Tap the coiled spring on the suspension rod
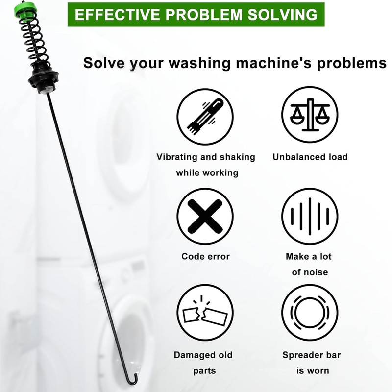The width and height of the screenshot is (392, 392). coord(34,40)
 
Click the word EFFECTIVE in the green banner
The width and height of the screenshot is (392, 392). coord(118,15)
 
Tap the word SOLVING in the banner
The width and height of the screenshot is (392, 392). coord(282,15)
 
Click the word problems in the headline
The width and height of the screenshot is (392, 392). coord(352,63)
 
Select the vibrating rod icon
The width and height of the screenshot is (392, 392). coord(205,117)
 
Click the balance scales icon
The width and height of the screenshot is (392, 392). coord(310,115)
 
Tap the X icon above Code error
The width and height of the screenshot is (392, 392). coord(205,216)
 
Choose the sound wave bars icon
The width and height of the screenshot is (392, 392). coord(310,216)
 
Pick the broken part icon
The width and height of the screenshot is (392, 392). coord(205,313)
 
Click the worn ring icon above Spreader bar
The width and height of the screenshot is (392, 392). coord(310,313)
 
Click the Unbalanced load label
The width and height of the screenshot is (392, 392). coord(310,157)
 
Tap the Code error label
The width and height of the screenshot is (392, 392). coord(205,256)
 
